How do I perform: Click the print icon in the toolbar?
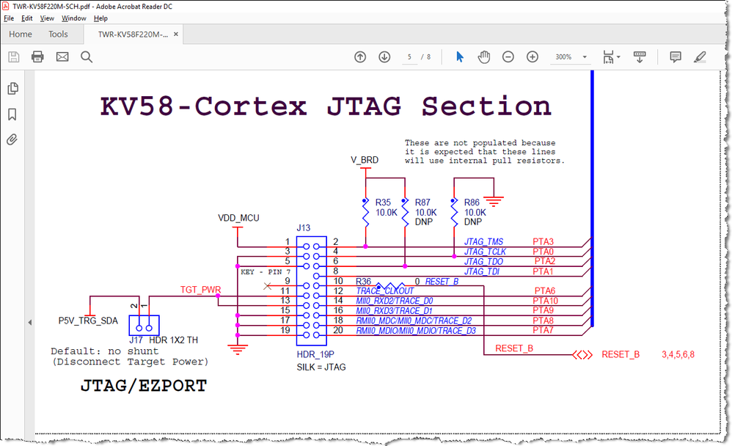[37, 57]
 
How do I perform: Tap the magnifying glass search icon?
[87, 57]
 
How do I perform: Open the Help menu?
[100, 18]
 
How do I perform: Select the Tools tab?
[58, 34]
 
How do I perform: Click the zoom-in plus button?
[532, 57]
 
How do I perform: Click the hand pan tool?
[483, 57]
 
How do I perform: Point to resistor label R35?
[383, 202]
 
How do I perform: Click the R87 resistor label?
[422, 202]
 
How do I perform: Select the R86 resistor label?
[472, 202]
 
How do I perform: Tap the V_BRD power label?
[365, 160]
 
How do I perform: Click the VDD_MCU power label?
[238, 218]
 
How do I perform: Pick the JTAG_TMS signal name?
[483, 241]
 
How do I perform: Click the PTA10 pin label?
[545, 301]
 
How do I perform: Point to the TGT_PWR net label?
[200, 290]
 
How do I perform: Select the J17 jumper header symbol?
[144, 325]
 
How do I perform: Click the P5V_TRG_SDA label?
[88, 321]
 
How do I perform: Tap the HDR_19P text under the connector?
[315, 354]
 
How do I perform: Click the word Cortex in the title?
[251, 106]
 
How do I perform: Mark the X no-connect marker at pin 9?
[267, 286]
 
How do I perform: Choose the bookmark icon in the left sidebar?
[12, 114]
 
